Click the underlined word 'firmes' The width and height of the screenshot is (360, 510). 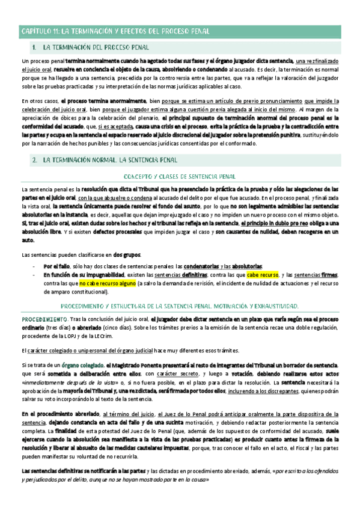pyautogui.click(x=329, y=275)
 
